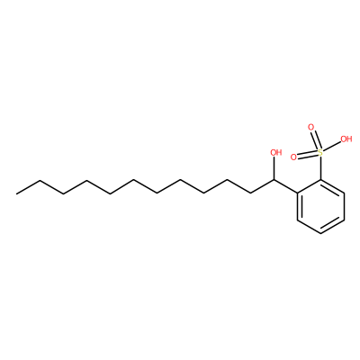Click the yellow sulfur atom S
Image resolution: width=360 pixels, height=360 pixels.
(x=320, y=153)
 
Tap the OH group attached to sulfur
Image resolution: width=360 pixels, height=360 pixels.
(x=346, y=139)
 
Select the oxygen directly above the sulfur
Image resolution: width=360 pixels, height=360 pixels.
(x=311, y=127)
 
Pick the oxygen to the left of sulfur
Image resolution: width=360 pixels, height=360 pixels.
(x=293, y=157)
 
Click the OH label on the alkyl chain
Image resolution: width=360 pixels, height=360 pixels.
(x=276, y=152)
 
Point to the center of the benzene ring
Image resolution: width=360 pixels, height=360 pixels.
(x=320, y=207)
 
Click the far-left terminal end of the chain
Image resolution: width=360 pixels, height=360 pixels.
(x=16, y=193)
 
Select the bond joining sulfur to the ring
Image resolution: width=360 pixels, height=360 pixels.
(x=320, y=168)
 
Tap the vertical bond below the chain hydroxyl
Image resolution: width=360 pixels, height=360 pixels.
(x=274, y=168)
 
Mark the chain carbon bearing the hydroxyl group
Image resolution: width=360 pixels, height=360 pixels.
(x=274, y=180)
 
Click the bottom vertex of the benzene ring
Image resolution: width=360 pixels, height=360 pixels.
(x=320, y=234)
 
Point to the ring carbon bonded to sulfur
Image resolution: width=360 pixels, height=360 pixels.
(x=320, y=180)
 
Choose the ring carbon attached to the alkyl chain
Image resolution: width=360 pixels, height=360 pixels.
(x=297, y=193)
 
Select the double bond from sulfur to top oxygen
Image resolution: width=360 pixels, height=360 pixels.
(x=316, y=139)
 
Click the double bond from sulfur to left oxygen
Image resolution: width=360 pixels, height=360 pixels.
(x=308, y=155)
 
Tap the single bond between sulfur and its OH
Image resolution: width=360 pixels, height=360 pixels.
(x=332, y=147)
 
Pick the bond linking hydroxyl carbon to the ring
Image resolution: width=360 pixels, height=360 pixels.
(x=285, y=186)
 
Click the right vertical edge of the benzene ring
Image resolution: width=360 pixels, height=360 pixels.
(x=344, y=207)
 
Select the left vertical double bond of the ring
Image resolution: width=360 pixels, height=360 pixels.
(x=299, y=207)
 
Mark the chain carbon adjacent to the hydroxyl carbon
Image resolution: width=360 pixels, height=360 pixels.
(x=250, y=193)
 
